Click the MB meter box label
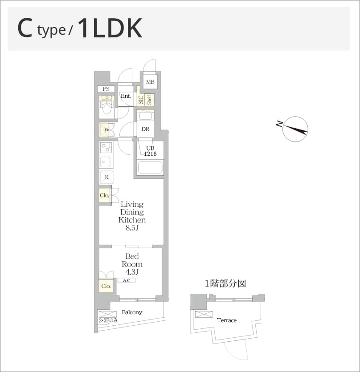coord(150,82)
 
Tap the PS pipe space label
coord(106,89)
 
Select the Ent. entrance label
coord(126,96)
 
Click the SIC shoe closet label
coord(141,100)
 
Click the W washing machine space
coord(106,130)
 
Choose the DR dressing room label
coord(145,129)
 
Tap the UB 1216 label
coord(150,151)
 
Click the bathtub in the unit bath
coord(150,167)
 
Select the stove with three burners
coord(106,147)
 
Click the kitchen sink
coord(106,162)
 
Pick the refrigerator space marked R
coord(106,177)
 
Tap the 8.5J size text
coord(132,228)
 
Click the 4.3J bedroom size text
coord(132,272)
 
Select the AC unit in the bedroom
coord(127,280)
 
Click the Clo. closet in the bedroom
coord(106,286)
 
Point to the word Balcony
coord(132,312)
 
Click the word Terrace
coord(227,320)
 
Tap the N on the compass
coord(279,124)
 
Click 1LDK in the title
coord(110,29)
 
